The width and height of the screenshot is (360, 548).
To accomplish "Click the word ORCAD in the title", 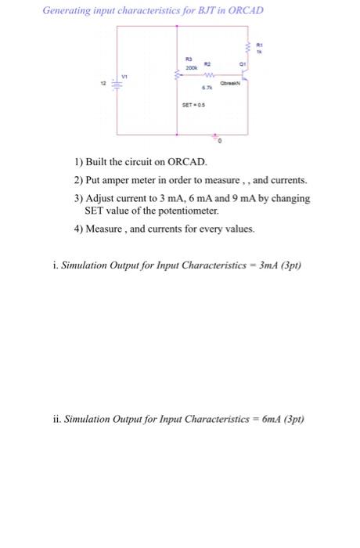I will click(x=244, y=10).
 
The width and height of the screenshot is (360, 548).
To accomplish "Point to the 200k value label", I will click(x=189, y=70).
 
